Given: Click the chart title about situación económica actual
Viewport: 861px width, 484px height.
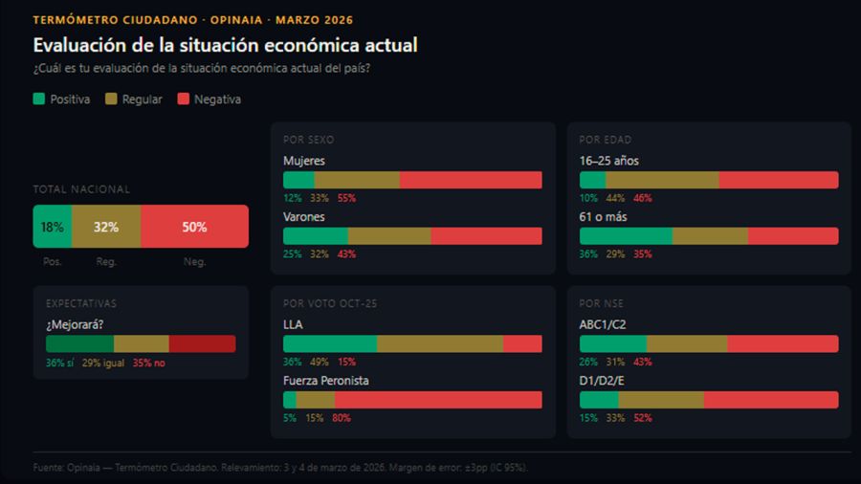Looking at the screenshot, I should click(x=225, y=45).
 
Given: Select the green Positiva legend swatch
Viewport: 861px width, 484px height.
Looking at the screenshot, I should click(x=39, y=99).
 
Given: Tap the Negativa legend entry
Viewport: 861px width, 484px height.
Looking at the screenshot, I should click(x=209, y=99).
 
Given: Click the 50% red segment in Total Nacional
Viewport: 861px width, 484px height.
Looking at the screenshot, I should click(x=194, y=227).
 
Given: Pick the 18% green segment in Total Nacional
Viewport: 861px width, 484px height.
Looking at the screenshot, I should click(x=52, y=227).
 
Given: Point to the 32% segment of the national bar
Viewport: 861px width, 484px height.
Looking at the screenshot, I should click(x=105, y=227).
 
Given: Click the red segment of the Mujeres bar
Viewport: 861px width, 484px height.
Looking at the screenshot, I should click(x=470, y=180).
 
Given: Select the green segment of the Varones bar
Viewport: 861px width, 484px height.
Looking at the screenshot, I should click(x=315, y=236).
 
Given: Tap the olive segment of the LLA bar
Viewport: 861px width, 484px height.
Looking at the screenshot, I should click(x=439, y=343).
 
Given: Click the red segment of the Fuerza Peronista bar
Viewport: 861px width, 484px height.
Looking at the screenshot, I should click(x=438, y=400).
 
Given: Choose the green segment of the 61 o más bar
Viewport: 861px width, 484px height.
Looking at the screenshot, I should click(x=626, y=236).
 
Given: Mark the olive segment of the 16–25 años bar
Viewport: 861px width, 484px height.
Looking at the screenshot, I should click(x=662, y=180).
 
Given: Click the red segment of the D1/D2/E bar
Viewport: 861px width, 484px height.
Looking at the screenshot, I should click(x=770, y=400).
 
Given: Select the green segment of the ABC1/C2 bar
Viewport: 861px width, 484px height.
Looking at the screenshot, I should click(x=613, y=343).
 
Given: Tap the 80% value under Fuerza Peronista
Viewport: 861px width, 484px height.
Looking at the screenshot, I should click(x=341, y=418).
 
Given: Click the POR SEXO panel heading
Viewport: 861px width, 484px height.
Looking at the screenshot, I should click(x=308, y=140).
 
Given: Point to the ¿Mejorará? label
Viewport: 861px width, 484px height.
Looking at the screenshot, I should click(x=75, y=323).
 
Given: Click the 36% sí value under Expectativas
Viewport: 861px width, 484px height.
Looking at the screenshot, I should click(x=59, y=363).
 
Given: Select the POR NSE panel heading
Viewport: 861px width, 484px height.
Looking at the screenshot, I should click(x=603, y=303).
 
